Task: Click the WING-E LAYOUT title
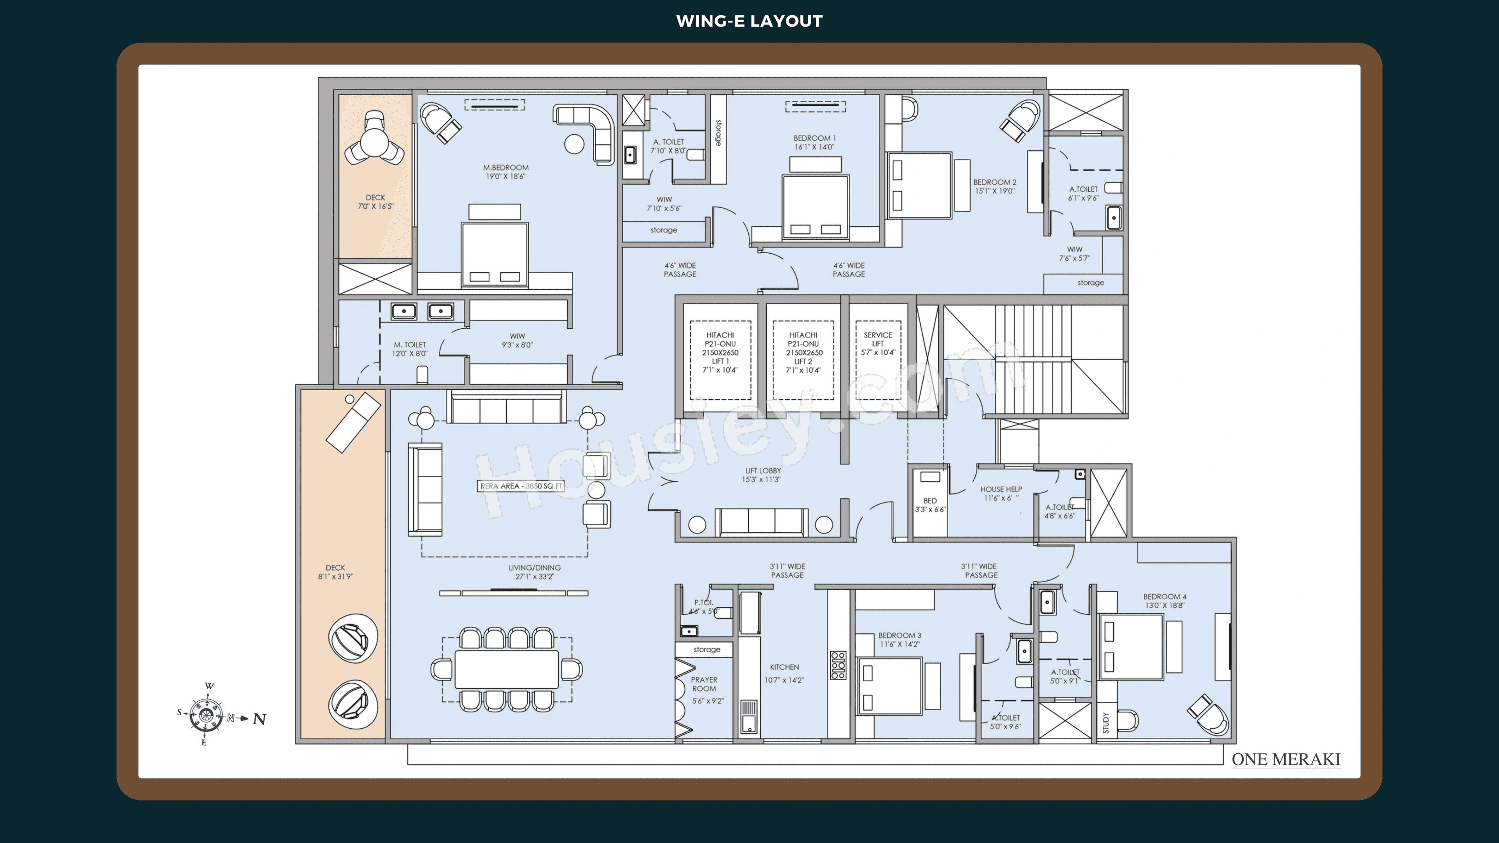coord(749,21)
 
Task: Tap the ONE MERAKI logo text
coord(1285,759)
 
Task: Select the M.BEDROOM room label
coord(506,172)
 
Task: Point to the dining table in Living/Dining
coord(506,669)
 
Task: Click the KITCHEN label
coord(784,667)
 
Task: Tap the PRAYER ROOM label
coord(704,684)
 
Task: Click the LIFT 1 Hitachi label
coord(720,352)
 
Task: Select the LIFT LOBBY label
coord(762,475)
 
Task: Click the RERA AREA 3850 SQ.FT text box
coord(521,486)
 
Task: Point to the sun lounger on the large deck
coord(352,422)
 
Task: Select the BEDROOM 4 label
coord(1164,600)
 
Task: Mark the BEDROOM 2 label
coord(995,186)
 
